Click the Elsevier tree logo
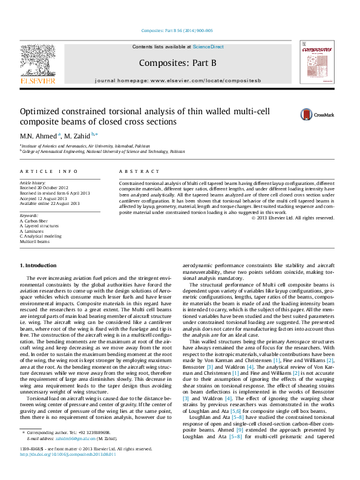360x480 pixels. point(38,62)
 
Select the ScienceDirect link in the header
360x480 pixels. point(208,47)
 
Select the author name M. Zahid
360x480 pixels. point(79,135)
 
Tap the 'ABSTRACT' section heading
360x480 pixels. point(139,172)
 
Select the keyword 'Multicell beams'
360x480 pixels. point(34,241)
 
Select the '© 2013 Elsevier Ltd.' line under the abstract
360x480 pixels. point(301,218)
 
